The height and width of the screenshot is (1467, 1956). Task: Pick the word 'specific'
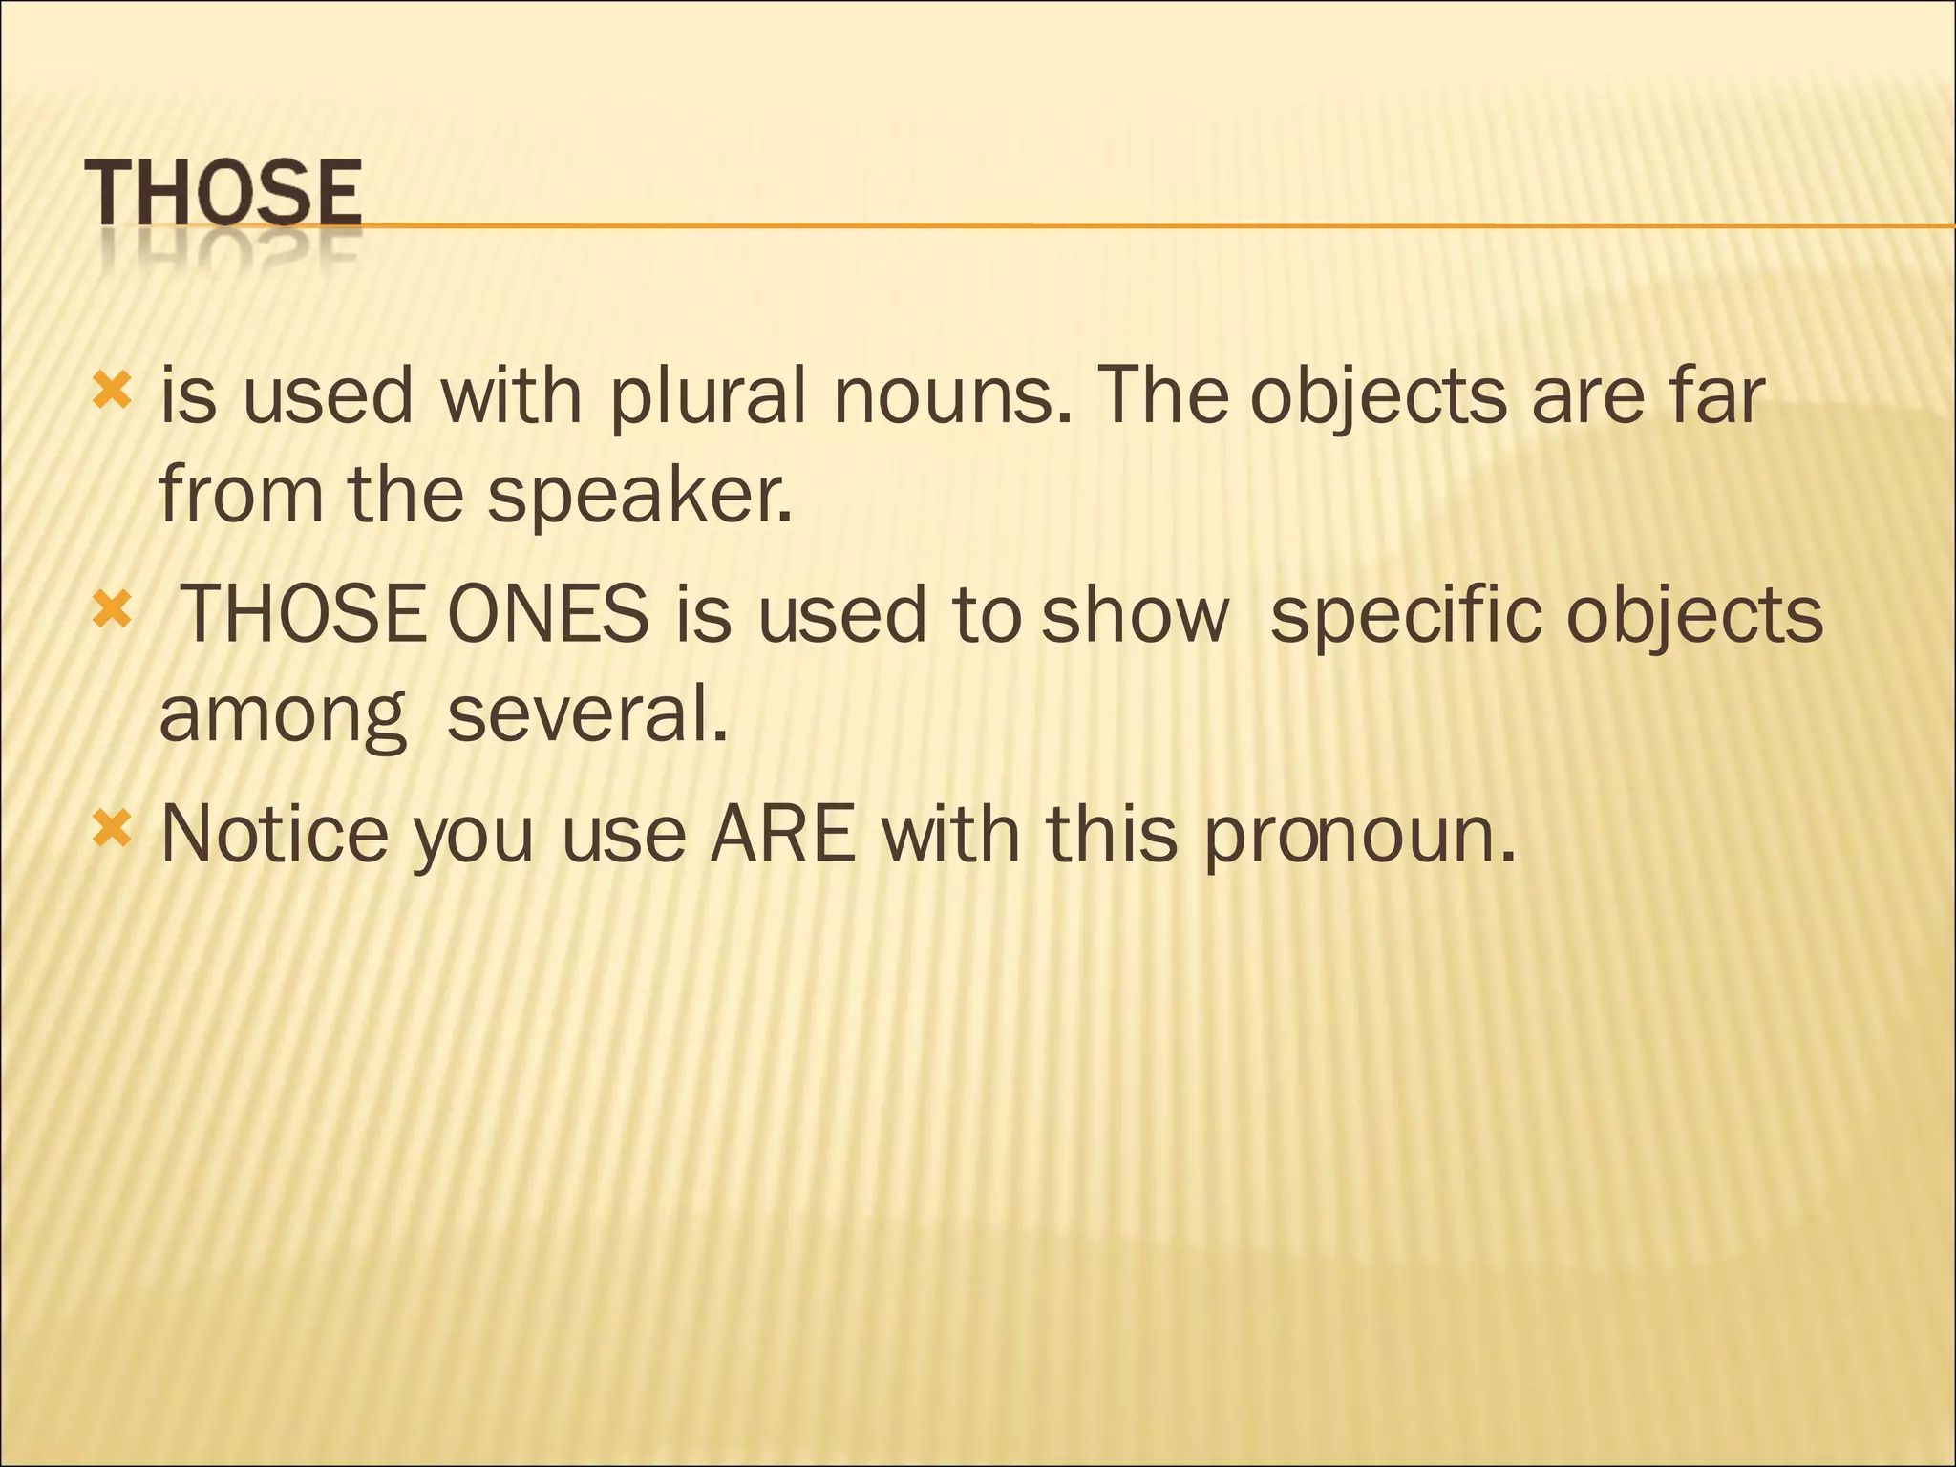pos(1406,616)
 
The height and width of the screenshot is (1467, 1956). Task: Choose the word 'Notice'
pos(274,834)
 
